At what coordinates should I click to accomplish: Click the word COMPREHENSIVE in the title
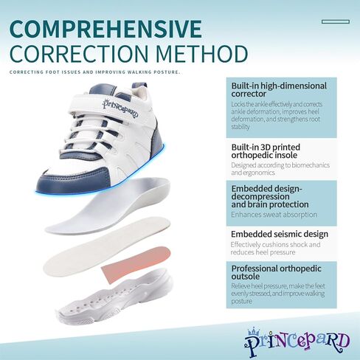pos(105,29)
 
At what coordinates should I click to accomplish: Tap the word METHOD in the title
pos(202,54)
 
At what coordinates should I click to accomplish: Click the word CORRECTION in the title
pos(79,54)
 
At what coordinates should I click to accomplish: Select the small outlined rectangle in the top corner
pos(336,22)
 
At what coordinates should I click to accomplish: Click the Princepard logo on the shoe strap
pos(120,108)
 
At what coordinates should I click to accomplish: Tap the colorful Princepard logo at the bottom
pos(297,342)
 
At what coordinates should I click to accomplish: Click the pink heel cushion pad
pos(136,265)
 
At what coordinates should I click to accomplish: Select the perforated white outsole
pos(114,297)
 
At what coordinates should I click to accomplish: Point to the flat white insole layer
pos(107,246)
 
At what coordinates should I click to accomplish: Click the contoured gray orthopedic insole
pos(108,206)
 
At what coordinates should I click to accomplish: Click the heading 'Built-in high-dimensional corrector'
pos(279,90)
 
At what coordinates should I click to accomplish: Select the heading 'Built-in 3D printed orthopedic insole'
pos(266,151)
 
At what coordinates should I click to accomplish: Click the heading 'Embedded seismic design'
pos(280,234)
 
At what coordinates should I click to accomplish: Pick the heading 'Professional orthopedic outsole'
pos(276,272)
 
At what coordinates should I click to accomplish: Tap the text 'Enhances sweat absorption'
pos(274,215)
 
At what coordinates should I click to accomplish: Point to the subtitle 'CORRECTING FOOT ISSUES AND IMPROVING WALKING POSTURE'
pos(95,72)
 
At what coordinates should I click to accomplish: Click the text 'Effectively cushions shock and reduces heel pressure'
pos(275,249)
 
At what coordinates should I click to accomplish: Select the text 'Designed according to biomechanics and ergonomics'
pos(280,169)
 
